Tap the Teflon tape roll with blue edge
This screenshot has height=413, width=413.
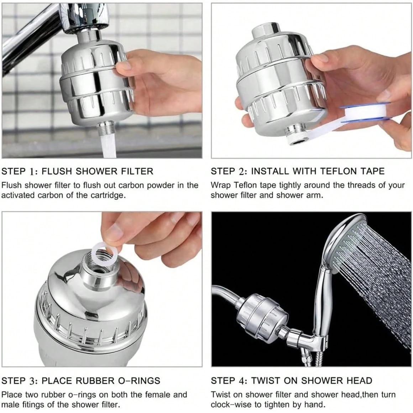(x=360, y=110)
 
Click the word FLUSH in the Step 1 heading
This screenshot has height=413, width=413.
(x=53, y=171)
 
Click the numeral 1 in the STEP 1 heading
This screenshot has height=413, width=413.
(x=32, y=171)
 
